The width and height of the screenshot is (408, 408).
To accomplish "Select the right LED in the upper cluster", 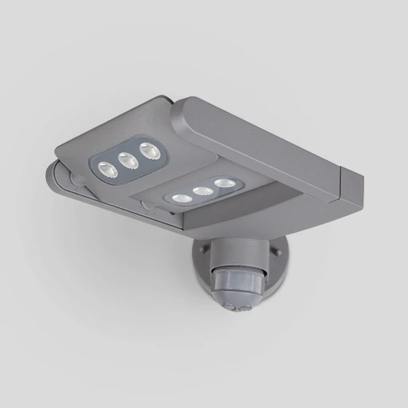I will click(x=147, y=149).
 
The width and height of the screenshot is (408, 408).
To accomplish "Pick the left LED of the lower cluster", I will click(x=182, y=198).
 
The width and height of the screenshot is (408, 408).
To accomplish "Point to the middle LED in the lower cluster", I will click(x=204, y=191).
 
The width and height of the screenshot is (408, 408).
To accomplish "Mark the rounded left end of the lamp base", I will click(x=53, y=172).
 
